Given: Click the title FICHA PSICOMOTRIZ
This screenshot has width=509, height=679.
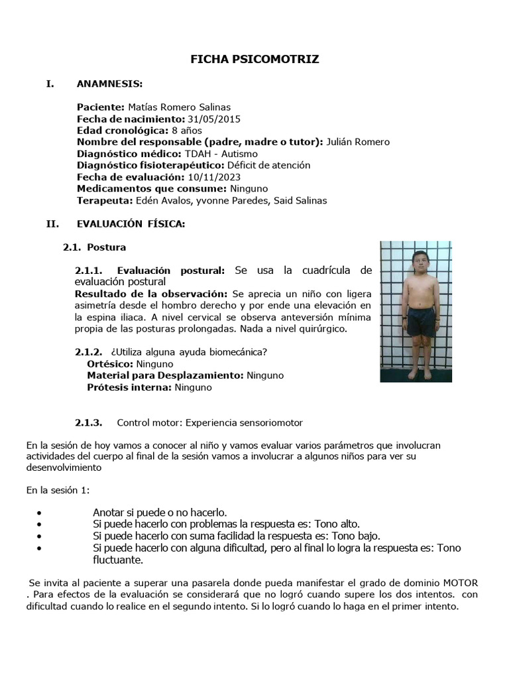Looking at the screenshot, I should tap(254, 60).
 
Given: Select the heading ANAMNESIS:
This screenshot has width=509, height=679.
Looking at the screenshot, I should tap(109, 84).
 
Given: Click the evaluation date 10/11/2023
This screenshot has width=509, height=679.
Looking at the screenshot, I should tap(214, 177).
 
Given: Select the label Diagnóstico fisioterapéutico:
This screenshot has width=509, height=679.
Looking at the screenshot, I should tap(150, 165).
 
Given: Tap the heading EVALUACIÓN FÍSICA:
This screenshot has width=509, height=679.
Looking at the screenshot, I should tap(131, 224).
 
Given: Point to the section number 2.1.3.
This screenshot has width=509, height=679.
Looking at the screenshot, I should tap(88, 422).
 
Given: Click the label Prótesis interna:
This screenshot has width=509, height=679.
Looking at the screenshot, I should tap(129, 387).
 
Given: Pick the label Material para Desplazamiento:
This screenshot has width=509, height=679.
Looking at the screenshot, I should tap(165, 375).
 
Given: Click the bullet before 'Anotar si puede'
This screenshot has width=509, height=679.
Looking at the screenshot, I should tap(42, 513).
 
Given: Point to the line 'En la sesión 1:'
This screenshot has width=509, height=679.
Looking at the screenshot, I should tap(58, 490).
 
